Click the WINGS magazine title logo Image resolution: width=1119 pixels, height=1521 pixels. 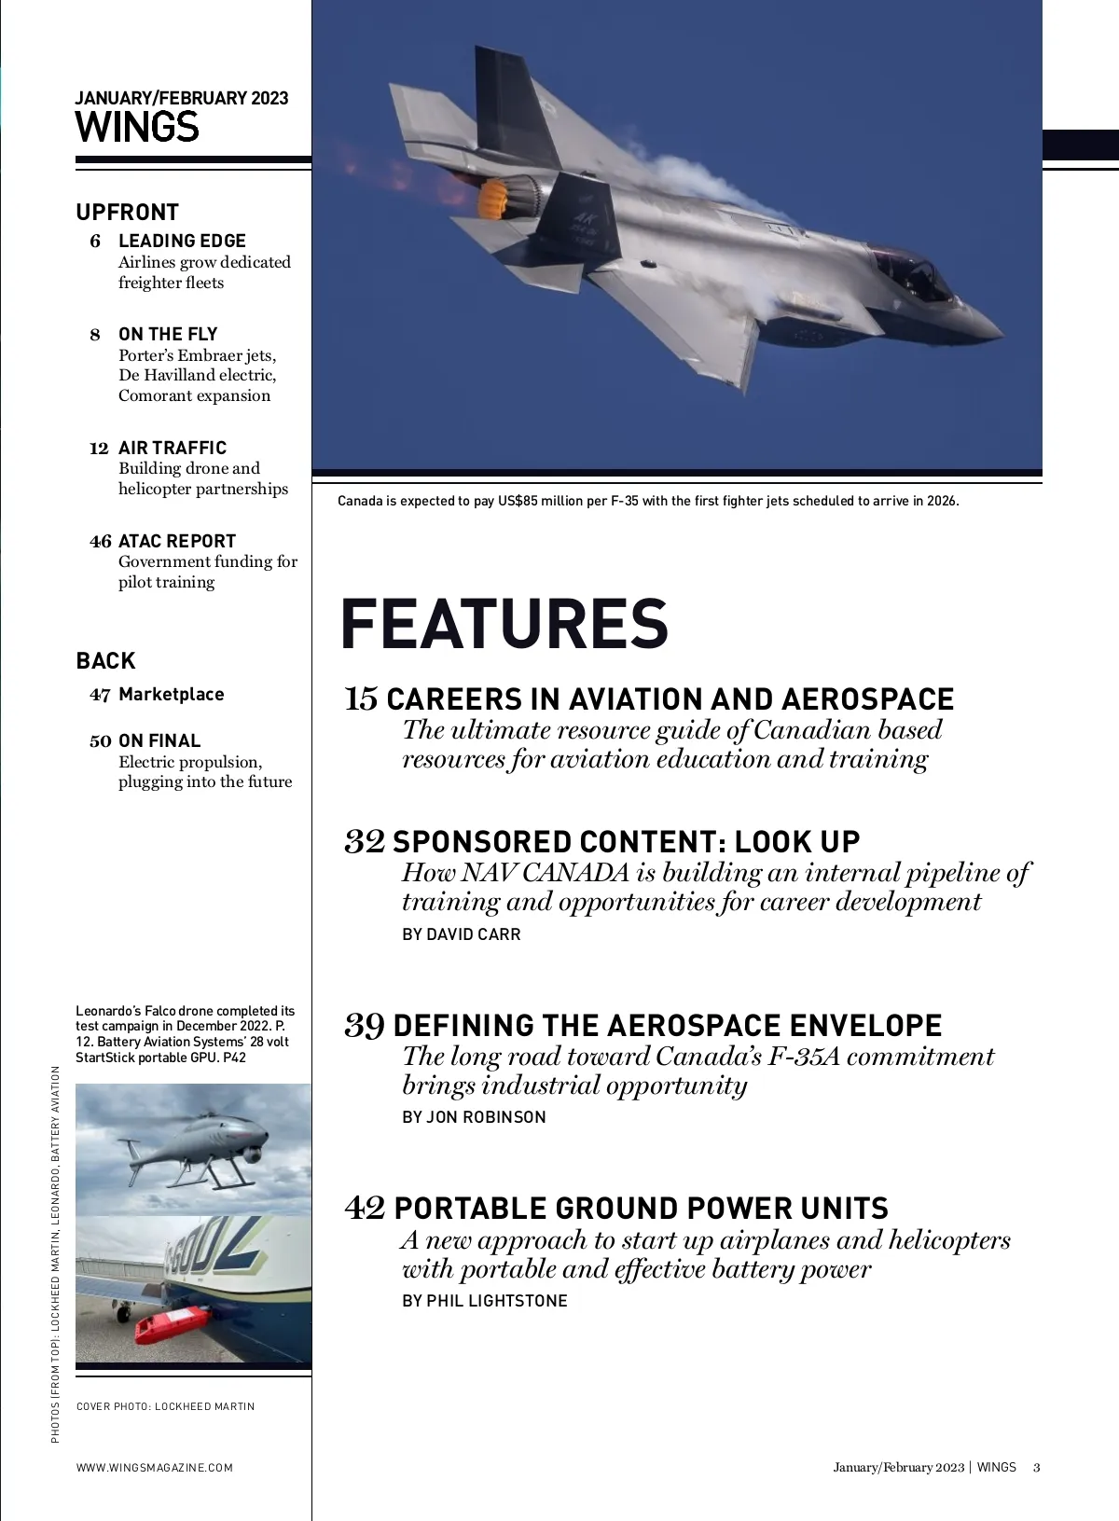coord(137,127)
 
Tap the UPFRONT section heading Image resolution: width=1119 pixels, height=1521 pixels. coord(128,212)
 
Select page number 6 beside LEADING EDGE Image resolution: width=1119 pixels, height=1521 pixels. coord(95,242)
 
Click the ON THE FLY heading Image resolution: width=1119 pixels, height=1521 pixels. coord(168,334)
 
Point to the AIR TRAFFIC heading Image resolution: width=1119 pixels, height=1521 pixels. coord(173,448)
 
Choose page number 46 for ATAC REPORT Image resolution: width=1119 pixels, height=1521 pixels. coord(101,541)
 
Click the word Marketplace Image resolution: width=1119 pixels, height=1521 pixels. coord(172,694)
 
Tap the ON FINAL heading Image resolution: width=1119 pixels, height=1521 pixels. coord(159,740)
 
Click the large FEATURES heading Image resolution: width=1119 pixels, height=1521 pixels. coord(504,623)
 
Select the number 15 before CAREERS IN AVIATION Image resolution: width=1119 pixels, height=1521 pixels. coord(361,698)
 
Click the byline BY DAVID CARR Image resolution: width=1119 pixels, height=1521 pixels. coord(462,933)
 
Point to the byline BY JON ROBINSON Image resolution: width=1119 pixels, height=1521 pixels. coord(474,1116)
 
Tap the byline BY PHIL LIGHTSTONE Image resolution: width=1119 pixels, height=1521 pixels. coord(485,1300)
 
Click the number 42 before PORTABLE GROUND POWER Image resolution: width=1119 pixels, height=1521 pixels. coord(365,1208)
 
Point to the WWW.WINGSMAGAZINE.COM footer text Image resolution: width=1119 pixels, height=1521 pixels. coord(155,1467)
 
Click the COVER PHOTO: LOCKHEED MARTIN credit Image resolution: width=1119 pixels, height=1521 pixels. coord(165,1406)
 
